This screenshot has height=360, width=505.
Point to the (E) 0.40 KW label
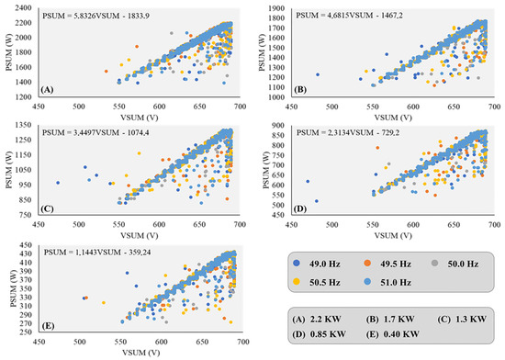pos(385,336)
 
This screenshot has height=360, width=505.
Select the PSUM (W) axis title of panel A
pos(8,52)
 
